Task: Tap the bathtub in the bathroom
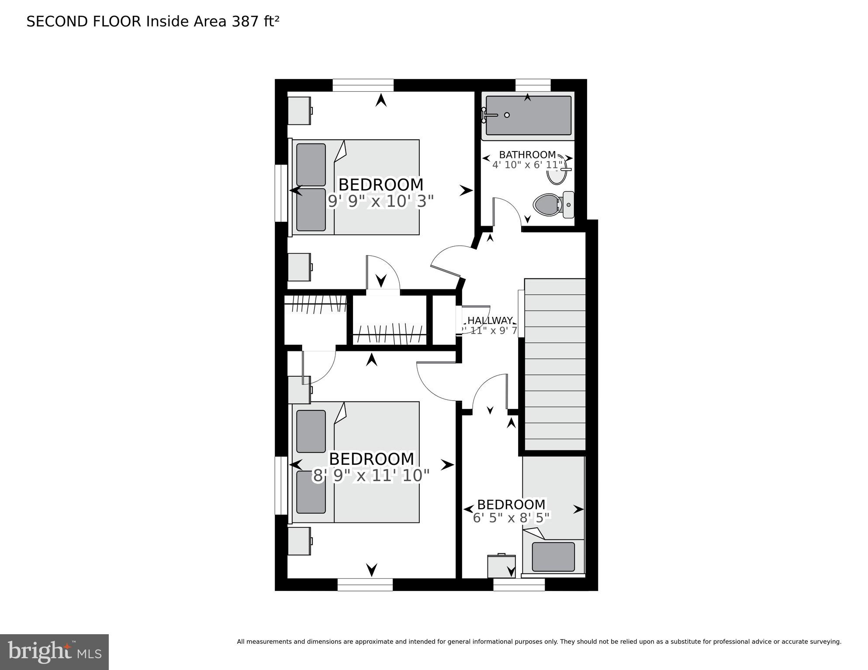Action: click(x=528, y=116)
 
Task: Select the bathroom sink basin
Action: click(x=557, y=172)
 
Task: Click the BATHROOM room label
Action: click(x=527, y=155)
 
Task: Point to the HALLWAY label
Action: click(x=490, y=320)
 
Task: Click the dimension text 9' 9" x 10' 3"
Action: click(x=380, y=201)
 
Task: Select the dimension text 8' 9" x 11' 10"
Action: click(x=371, y=475)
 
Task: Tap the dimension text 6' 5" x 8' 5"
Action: click(x=511, y=518)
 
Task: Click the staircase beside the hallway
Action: click(x=555, y=364)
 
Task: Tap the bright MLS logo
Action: click(x=54, y=652)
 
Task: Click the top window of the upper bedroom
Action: click(x=363, y=85)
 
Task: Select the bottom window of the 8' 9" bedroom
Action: click(x=365, y=584)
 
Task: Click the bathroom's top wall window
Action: click(x=533, y=85)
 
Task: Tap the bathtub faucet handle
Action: click(x=488, y=115)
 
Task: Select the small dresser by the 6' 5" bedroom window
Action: click(x=501, y=566)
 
